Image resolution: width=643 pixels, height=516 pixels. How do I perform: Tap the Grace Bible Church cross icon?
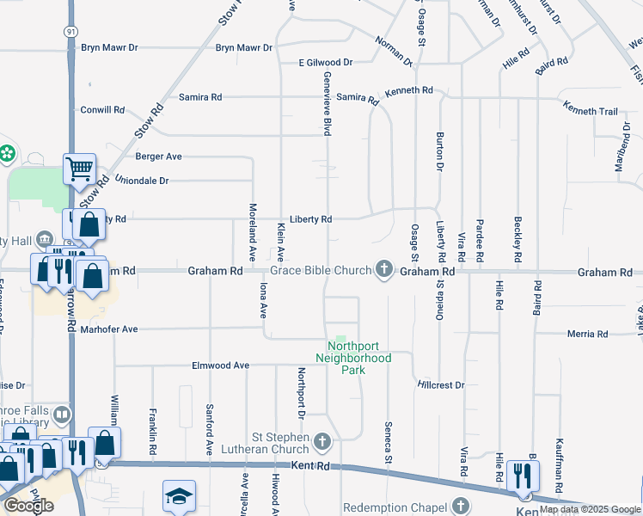pyautogui.click(x=384, y=271)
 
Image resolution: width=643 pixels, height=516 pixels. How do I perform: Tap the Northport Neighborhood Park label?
pyautogui.click(x=353, y=358)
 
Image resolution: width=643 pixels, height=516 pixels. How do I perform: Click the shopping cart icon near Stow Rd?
pyautogui.click(x=79, y=169)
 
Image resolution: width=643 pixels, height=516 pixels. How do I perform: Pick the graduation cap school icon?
pyautogui.click(x=179, y=496)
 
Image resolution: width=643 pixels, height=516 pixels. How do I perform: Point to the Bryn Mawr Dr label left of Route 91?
pyautogui.click(x=109, y=48)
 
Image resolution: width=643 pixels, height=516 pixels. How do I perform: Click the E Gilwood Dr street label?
pyautogui.click(x=326, y=63)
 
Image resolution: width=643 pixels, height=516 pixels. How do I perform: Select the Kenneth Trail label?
pyautogui.click(x=591, y=111)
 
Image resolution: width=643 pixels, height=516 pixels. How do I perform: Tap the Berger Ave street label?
pyautogui.click(x=159, y=157)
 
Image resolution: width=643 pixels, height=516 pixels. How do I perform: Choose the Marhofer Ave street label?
pyautogui.click(x=109, y=329)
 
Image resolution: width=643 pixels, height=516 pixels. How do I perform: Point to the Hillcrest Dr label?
pyautogui.click(x=440, y=385)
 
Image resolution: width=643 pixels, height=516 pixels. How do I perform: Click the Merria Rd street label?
pyautogui.click(x=588, y=335)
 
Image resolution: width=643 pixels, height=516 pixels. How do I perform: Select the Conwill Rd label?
pyautogui.click(x=103, y=110)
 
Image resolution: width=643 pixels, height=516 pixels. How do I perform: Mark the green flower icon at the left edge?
pyautogui.click(x=8, y=154)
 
